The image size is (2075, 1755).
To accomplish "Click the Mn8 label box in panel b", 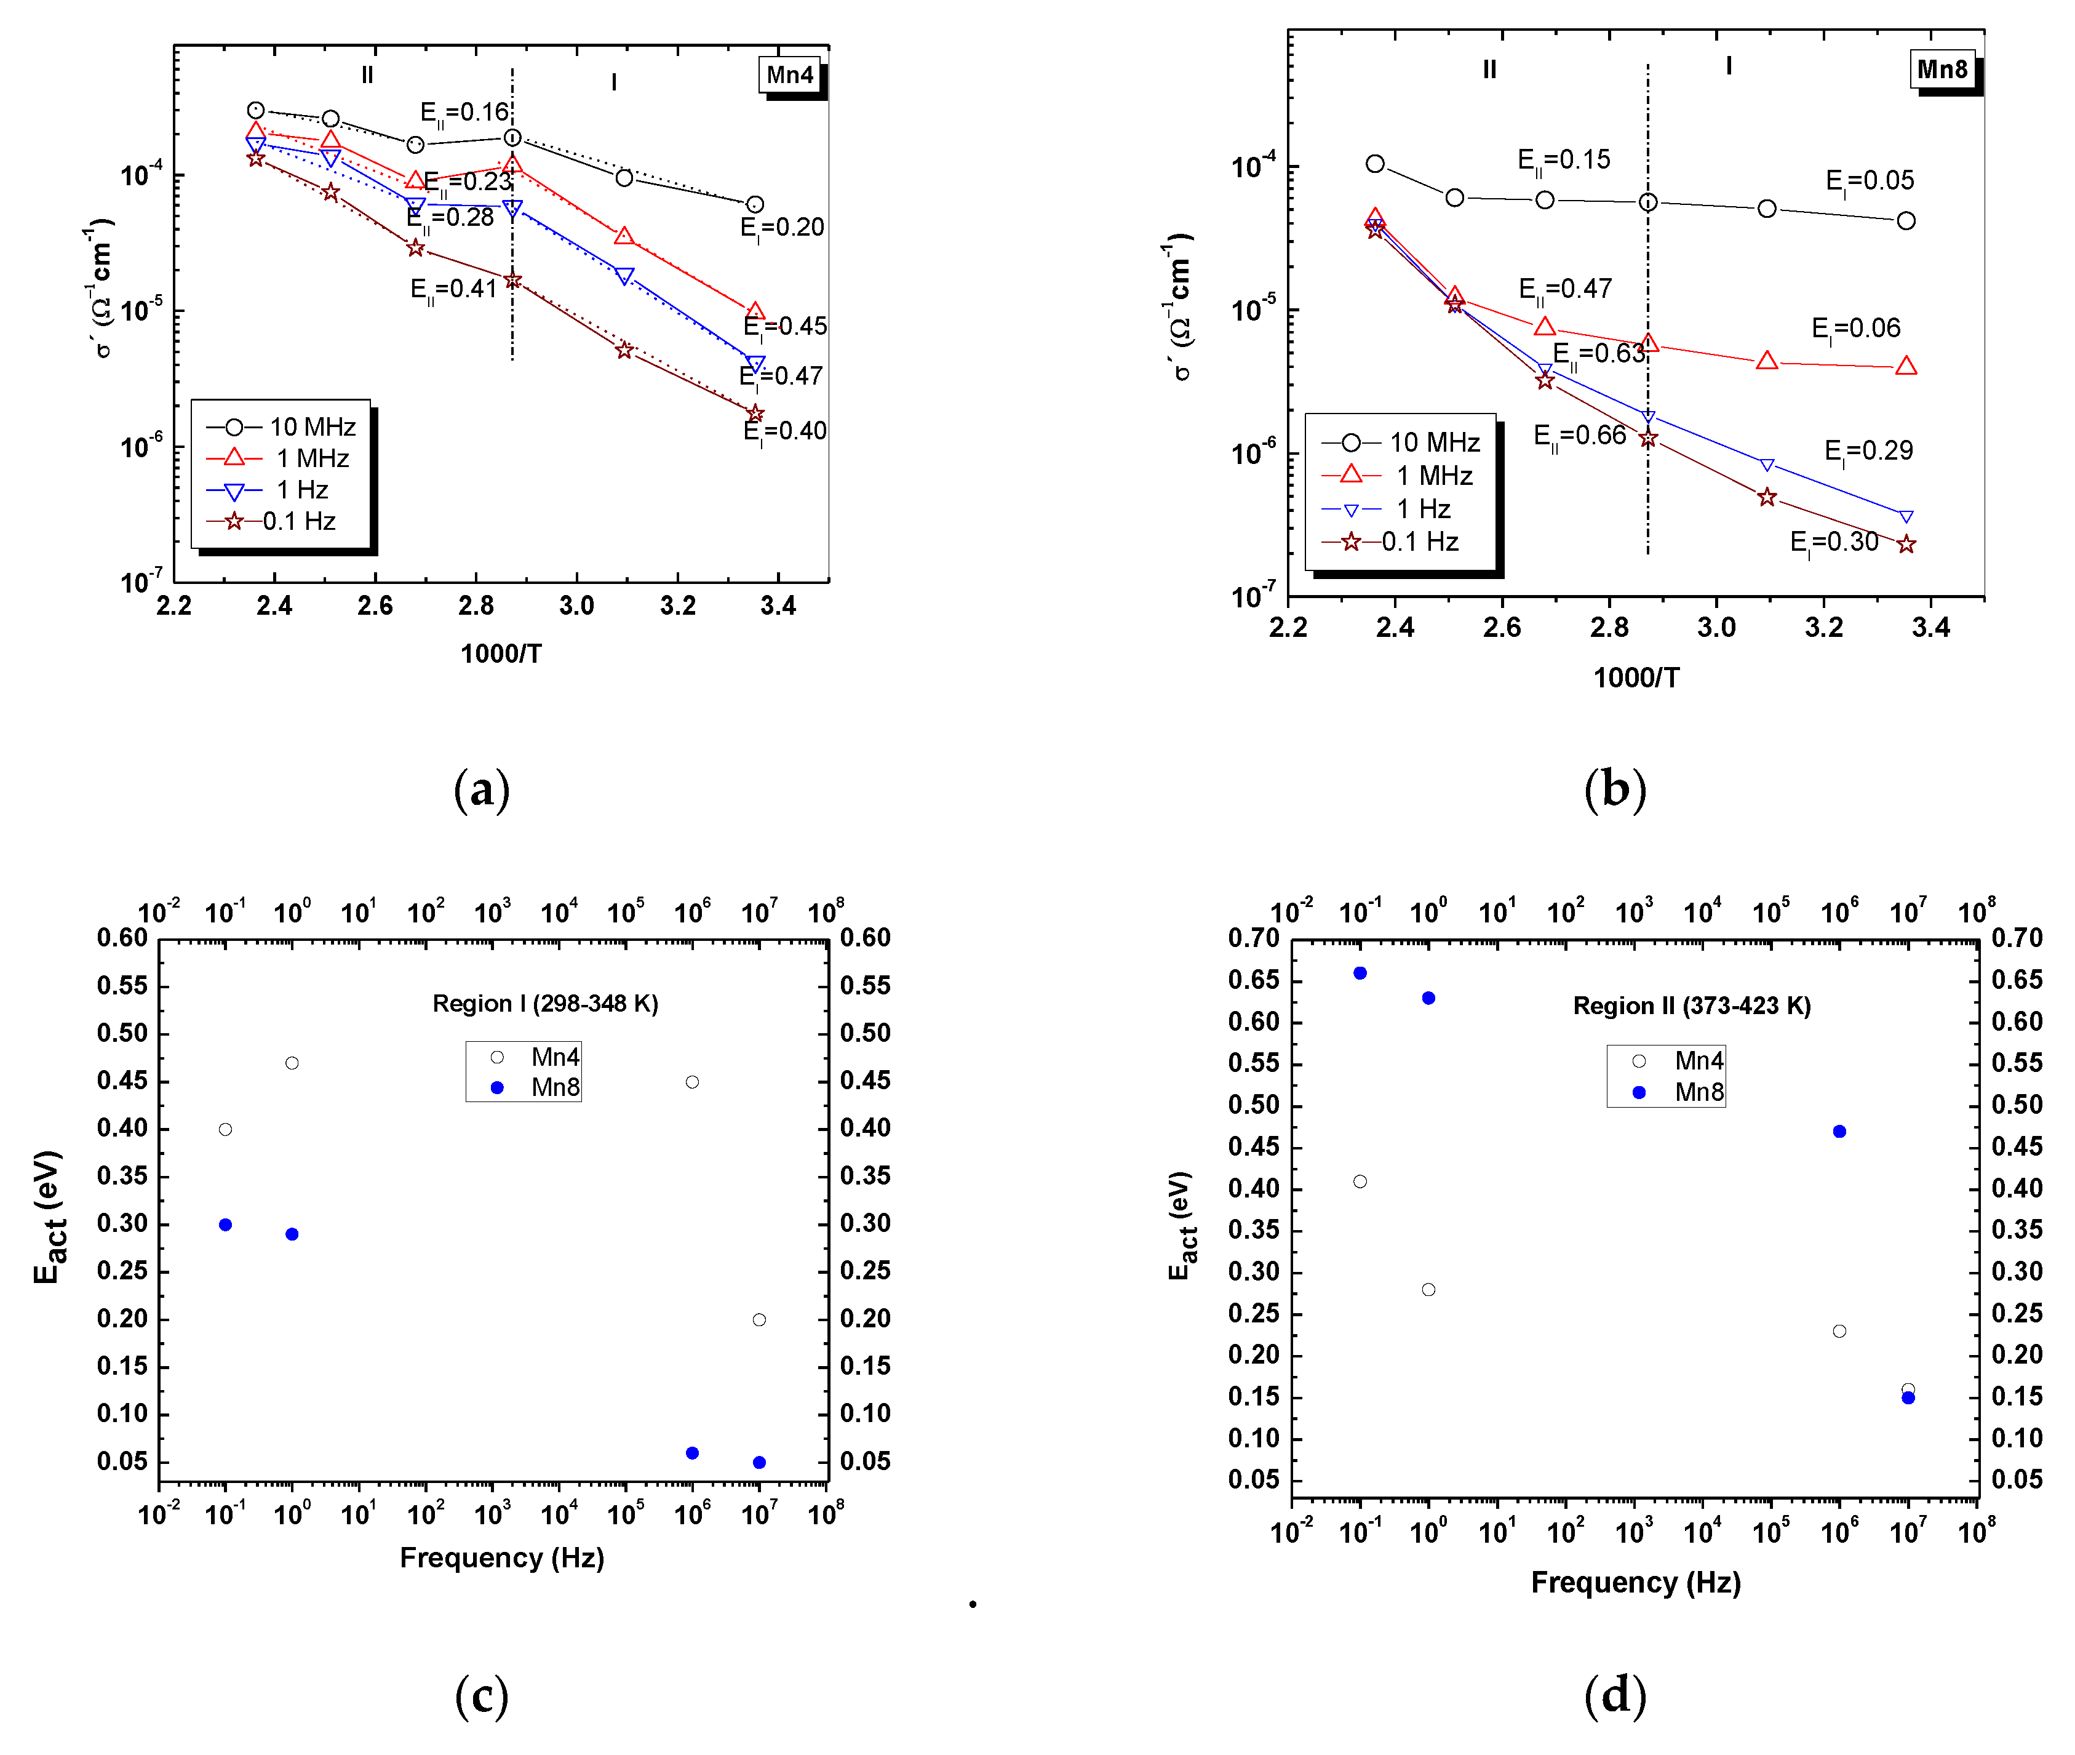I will pyautogui.click(x=1941, y=70).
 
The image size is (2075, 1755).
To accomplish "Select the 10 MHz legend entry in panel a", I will pyautogui.click(x=282, y=427).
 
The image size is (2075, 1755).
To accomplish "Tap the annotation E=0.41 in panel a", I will pyautogui.click(x=453, y=289).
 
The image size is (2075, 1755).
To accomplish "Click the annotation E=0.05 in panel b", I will pyautogui.click(x=1869, y=181).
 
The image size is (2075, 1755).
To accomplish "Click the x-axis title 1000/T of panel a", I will pyautogui.click(x=500, y=654).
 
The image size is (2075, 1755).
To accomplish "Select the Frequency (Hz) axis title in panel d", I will pyautogui.click(x=1635, y=1582).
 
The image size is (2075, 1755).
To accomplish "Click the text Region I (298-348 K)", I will pyautogui.click(x=545, y=1003).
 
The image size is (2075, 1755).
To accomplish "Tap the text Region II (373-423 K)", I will pyautogui.click(x=1691, y=1006).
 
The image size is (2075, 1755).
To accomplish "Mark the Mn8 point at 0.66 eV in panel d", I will pyautogui.click(x=1360, y=973).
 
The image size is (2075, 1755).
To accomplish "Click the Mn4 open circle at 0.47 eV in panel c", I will pyautogui.click(x=292, y=1063).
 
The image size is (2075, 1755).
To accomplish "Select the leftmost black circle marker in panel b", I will pyautogui.click(x=1375, y=163).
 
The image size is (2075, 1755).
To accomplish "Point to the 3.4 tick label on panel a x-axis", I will pyautogui.click(x=778, y=606).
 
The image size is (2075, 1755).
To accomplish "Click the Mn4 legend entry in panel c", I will pyautogui.click(x=537, y=1057).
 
